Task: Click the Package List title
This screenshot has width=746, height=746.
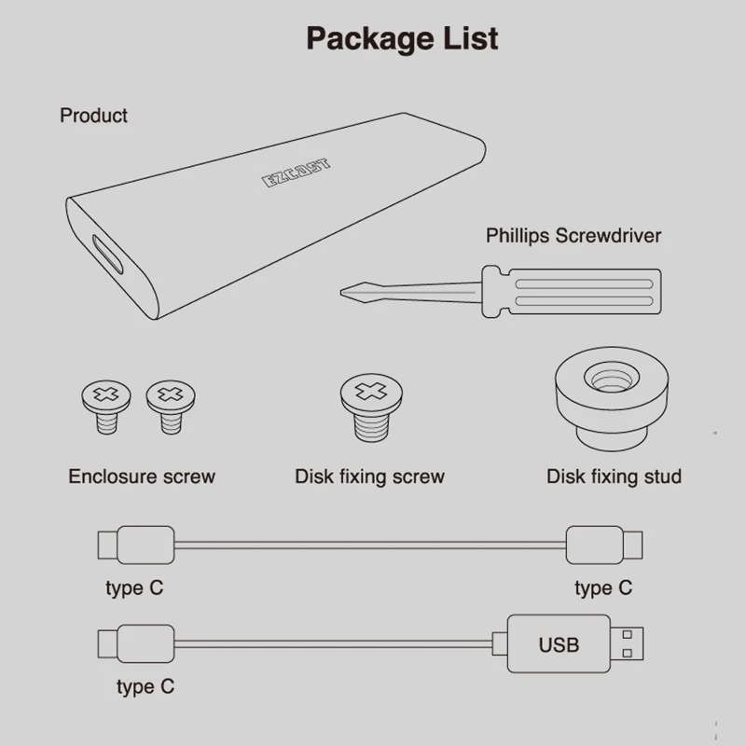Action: coord(402,38)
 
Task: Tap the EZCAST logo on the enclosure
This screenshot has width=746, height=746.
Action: coord(296,174)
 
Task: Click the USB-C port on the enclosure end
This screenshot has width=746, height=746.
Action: coord(106,255)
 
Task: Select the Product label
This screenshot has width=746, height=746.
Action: coord(93,116)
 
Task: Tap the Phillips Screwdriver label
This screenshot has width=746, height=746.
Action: coord(573,235)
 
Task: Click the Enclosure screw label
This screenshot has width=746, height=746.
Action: coord(142,477)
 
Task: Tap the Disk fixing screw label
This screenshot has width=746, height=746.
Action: coord(369,477)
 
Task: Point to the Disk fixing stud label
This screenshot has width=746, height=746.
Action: coord(614,477)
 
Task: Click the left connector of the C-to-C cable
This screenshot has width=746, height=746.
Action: coord(136,544)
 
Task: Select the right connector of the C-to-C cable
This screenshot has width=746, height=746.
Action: coord(605,544)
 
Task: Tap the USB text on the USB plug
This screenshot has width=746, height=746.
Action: coord(559,644)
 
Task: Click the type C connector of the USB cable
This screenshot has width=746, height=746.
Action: coord(136,644)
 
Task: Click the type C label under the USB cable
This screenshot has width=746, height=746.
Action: coord(145,687)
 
